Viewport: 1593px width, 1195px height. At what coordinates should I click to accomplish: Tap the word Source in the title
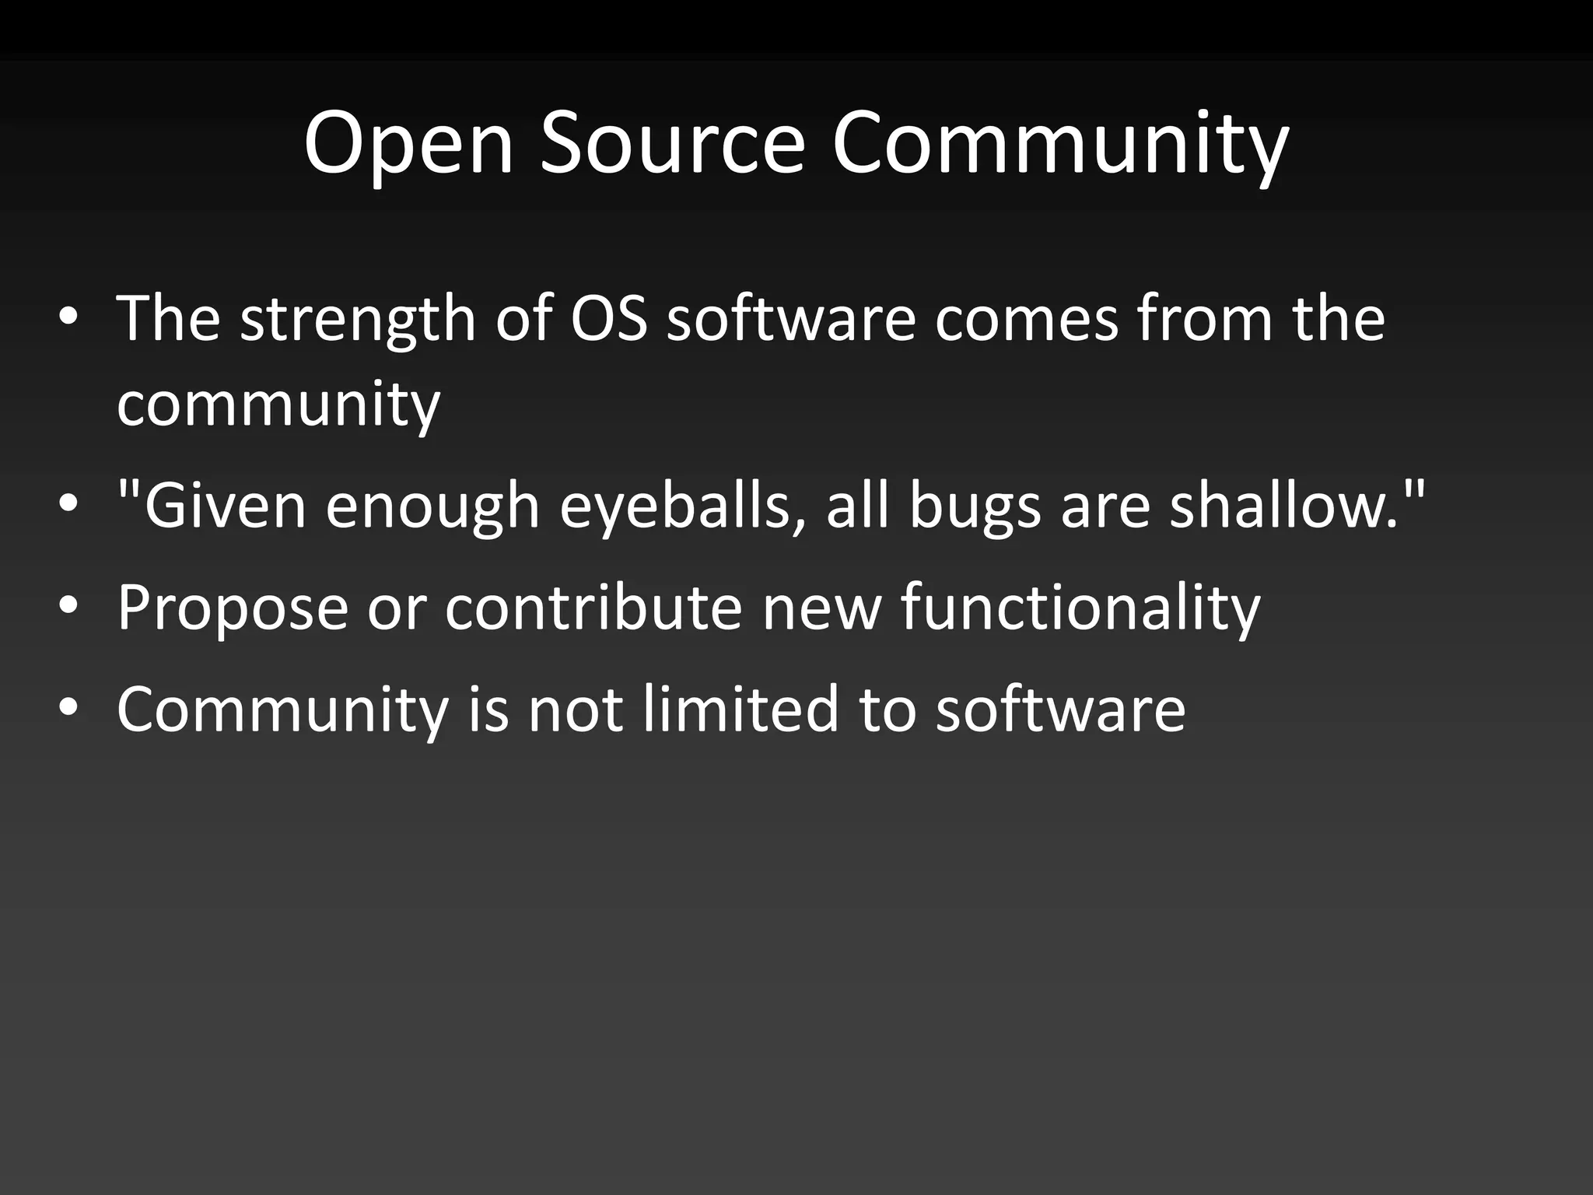pos(672,144)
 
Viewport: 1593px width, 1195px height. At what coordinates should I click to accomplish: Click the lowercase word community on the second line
pos(278,405)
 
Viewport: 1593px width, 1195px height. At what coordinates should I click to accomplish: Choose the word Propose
pos(233,608)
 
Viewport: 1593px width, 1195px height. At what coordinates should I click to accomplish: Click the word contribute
pos(593,607)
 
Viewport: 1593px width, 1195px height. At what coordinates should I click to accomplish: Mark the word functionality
pos(1080,608)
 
